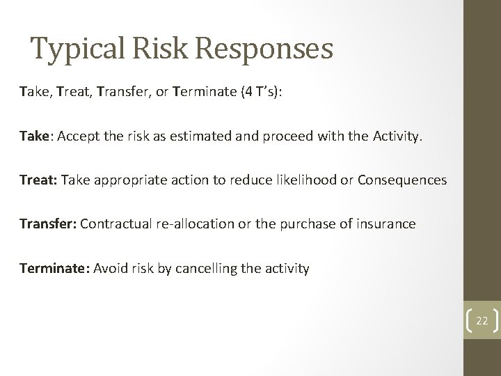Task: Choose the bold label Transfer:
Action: point(48,224)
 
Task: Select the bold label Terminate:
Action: point(52,267)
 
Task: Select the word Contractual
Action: point(114,224)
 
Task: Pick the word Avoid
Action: point(110,267)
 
